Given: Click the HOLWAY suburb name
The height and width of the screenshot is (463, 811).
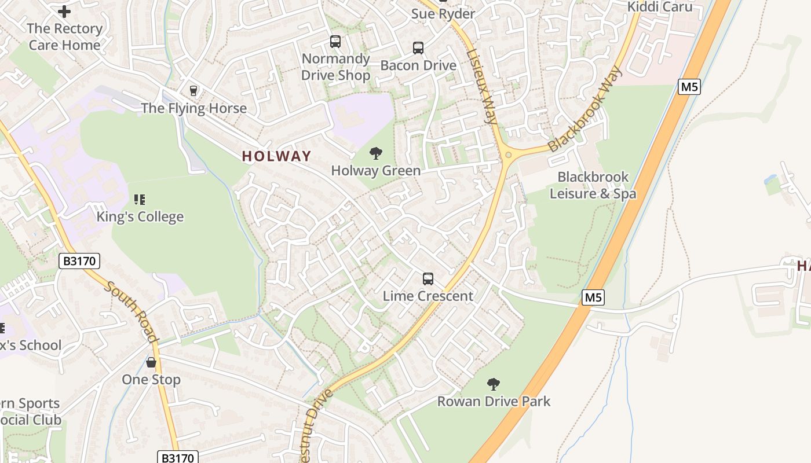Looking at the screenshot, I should click(x=276, y=156).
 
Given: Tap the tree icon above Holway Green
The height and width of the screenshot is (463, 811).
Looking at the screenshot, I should click(x=376, y=153).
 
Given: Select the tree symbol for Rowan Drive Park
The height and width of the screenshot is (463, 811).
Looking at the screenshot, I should click(x=494, y=384).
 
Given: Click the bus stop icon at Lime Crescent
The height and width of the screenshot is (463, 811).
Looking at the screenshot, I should click(x=428, y=279).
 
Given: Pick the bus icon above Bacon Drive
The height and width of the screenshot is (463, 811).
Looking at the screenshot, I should click(x=418, y=48).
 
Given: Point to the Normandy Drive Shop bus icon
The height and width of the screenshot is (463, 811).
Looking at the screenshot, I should click(x=335, y=42).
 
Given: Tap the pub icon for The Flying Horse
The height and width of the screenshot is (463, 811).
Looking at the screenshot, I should click(x=193, y=91).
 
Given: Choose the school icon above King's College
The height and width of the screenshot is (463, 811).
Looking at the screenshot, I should click(x=140, y=200).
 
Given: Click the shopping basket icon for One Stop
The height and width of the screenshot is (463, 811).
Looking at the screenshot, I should click(x=151, y=362).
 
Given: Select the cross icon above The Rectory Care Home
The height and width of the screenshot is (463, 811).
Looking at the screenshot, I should click(x=64, y=11).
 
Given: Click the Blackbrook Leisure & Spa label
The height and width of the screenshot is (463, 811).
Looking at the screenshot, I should click(x=593, y=185).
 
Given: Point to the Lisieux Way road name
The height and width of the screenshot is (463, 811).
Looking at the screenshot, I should click(x=482, y=87).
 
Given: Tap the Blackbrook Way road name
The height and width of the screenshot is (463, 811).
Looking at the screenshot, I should click(x=585, y=110).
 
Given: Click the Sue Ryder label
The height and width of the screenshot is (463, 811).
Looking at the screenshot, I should click(x=443, y=13).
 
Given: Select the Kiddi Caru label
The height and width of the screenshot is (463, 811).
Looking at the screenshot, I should click(x=660, y=6).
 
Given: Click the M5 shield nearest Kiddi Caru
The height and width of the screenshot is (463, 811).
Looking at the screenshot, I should click(x=689, y=87).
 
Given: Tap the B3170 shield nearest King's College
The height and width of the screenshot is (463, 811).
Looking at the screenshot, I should click(x=79, y=262).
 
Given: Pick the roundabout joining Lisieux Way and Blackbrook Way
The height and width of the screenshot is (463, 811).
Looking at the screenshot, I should click(x=508, y=155).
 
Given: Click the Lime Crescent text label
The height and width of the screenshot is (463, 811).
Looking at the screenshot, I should click(x=428, y=296).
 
